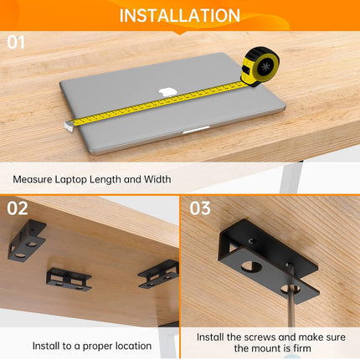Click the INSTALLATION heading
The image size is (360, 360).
point(179,15)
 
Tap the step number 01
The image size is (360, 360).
point(17,41)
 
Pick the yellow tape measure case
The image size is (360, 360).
point(260,65)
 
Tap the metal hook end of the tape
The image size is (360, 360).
point(68,125)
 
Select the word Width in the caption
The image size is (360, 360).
point(156,178)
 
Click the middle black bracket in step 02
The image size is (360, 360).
point(68,278)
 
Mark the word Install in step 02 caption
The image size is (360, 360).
point(47,345)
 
